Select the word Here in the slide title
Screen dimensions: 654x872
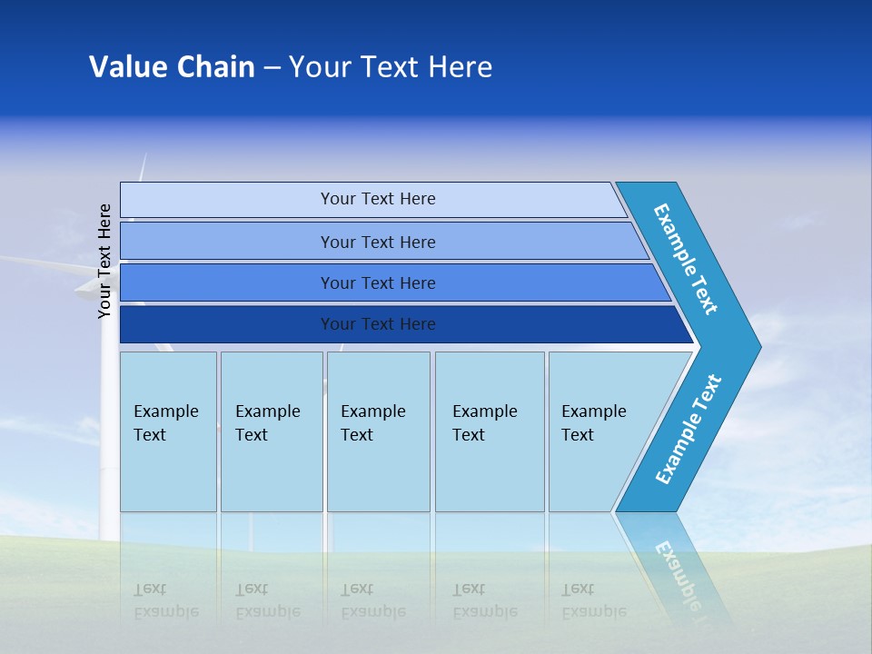click(460, 67)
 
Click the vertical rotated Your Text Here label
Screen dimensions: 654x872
click(104, 261)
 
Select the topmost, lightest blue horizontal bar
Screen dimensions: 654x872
click(377, 199)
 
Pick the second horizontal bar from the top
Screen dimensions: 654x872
click(377, 242)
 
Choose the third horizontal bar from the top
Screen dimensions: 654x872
click(377, 282)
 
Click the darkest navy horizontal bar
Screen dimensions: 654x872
click(377, 324)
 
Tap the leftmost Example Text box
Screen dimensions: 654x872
click(168, 431)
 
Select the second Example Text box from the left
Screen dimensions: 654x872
click(271, 431)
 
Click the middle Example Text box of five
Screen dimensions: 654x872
click(378, 431)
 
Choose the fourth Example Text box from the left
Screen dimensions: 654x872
click(489, 431)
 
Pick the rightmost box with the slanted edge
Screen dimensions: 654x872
click(599, 431)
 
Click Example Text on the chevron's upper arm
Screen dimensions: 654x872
click(686, 259)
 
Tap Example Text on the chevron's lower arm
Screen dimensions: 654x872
click(688, 430)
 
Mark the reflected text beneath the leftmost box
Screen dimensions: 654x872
click(166, 600)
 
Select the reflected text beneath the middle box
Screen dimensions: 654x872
click(373, 600)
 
